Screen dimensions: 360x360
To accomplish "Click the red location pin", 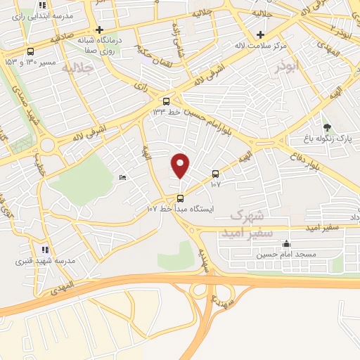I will click(181, 165).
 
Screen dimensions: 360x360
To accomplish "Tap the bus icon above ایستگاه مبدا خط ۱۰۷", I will click(181, 198).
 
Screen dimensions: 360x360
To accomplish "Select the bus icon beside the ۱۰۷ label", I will click(215, 174).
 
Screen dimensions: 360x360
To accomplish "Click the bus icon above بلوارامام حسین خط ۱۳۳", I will click(166, 101).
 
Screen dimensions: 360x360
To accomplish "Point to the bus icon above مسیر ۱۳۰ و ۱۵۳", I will click(30, 51).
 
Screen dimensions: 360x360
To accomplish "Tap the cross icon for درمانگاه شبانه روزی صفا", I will click(100, 30).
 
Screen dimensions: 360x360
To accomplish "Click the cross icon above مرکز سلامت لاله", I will click(261, 34).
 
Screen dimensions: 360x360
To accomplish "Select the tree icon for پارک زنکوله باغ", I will click(327, 127).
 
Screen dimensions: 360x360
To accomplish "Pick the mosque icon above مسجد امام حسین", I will click(285, 244).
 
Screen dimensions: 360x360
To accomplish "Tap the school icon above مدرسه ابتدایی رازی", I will click(43, 6).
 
